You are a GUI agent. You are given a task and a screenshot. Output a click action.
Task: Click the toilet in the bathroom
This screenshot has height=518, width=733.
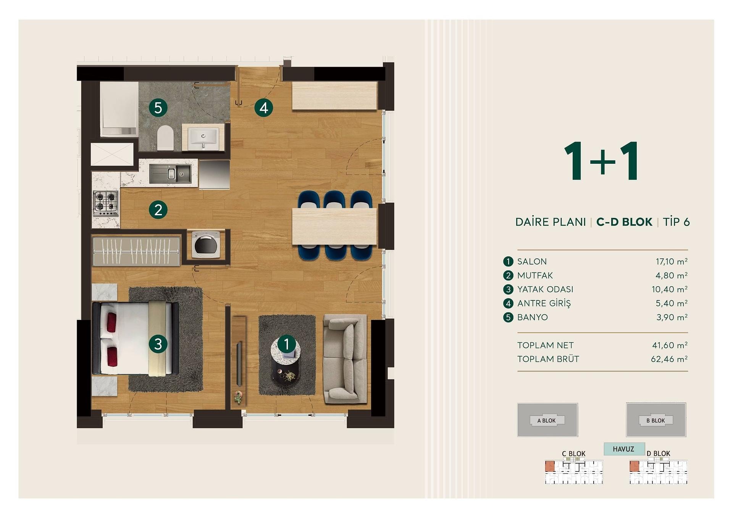(165, 137)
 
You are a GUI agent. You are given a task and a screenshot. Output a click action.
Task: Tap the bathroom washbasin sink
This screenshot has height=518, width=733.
(203, 137)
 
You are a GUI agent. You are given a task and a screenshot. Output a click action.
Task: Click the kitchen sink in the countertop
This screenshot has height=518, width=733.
(170, 174)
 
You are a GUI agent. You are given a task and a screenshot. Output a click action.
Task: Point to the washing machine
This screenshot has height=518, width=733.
(206, 244)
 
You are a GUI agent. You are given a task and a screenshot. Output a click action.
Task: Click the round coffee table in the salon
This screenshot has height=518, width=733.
(286, 360)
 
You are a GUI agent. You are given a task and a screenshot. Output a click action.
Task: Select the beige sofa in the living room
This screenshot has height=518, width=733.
(345, 359)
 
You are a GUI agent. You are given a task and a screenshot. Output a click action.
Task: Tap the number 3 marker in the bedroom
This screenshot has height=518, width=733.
(158, 344)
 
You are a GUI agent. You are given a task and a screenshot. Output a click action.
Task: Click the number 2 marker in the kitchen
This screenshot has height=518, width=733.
(158, 210)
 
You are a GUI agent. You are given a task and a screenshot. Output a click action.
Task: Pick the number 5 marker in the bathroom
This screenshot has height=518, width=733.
(158, 108)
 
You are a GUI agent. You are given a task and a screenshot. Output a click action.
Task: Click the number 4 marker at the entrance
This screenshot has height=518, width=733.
(263, 108)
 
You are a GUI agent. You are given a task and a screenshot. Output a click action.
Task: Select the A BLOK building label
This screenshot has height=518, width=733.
(547, 421)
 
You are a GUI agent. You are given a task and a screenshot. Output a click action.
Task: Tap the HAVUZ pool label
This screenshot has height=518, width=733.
(623, 449)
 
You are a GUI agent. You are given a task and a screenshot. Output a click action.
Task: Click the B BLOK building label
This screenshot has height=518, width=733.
(656, 421)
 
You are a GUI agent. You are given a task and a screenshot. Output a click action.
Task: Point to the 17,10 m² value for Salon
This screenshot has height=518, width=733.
(672, 261)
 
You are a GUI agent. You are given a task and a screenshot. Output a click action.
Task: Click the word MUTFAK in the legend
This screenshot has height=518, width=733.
(535, 275)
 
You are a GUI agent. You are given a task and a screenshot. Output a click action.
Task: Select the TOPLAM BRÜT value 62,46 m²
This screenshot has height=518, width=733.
(669, 359)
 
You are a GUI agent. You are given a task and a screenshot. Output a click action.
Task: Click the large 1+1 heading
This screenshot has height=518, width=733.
(602, 161)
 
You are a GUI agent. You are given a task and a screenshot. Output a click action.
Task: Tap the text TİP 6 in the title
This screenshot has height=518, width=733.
(676, 222)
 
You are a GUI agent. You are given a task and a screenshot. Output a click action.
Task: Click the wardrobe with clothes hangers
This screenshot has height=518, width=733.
(136, 251)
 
